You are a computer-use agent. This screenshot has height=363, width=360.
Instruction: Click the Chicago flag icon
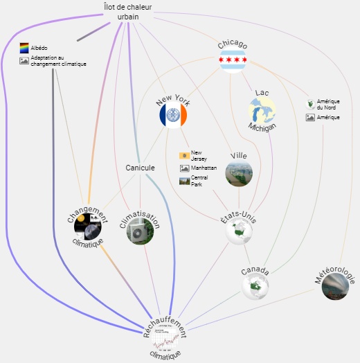coord(233,60)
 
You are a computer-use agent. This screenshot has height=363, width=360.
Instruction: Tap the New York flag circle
coord(173,115)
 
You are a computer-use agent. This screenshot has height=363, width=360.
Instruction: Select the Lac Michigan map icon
coord(262,110)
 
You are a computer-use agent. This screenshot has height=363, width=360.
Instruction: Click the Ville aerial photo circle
coord(239,173)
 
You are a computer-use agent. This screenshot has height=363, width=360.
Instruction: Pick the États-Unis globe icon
coord(239,231)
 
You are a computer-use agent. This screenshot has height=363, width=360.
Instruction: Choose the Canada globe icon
coord(255,286)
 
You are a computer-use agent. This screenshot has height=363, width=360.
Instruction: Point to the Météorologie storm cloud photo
coord(335,286)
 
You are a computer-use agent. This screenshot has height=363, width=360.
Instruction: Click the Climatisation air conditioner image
coord(141,231)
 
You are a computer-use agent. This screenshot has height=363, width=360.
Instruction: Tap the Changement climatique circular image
coord(88,227)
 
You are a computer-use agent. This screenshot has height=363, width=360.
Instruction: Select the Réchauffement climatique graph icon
coord(165,337)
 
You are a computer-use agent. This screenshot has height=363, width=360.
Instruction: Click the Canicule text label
coord(140,168)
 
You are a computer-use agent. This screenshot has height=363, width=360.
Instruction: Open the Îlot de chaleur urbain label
coord(127,12)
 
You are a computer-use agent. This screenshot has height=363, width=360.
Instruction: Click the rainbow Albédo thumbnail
coord(24,48)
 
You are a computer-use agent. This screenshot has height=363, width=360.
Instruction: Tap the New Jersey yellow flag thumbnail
coord(184,156)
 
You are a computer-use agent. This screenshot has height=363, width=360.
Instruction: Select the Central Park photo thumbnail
coord(184,181)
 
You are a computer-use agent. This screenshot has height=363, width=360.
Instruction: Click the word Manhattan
coord(204,168)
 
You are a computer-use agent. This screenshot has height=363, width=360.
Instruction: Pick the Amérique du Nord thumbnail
coord(310,105)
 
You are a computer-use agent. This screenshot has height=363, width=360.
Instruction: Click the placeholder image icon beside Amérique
coord(310,117)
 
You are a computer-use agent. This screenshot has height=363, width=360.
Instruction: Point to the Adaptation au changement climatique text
coord(58,61)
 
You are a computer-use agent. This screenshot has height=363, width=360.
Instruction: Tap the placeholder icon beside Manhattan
coord(185,168)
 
